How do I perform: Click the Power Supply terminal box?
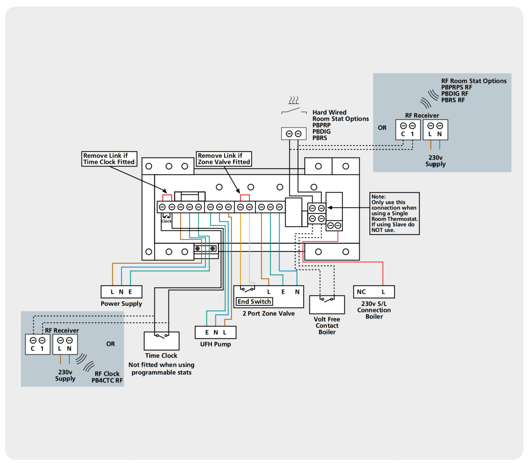[121, 292]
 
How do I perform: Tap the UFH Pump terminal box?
[215, 332]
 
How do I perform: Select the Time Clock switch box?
[161, 341]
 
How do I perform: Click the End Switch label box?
[254, 302]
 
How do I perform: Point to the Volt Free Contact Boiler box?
[327, 304]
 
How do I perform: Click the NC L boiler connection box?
[374, 292]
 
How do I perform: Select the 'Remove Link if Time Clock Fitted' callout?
[109, 159]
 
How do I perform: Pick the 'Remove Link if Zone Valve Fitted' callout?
[224, 159]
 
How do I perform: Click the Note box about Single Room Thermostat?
[394, 213]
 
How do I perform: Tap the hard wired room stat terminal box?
[294, 133]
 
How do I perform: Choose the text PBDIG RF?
[455, 94]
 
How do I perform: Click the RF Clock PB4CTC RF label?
[107, 377]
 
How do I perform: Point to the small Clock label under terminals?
[166, 221]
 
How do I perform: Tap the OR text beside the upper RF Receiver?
[382, 128]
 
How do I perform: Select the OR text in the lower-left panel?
[111, 344]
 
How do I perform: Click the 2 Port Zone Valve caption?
[269, 313]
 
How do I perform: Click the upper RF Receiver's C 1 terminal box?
[408, 130]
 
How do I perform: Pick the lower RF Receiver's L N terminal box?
[65, 344]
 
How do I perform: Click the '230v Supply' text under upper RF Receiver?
[435, 161]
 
